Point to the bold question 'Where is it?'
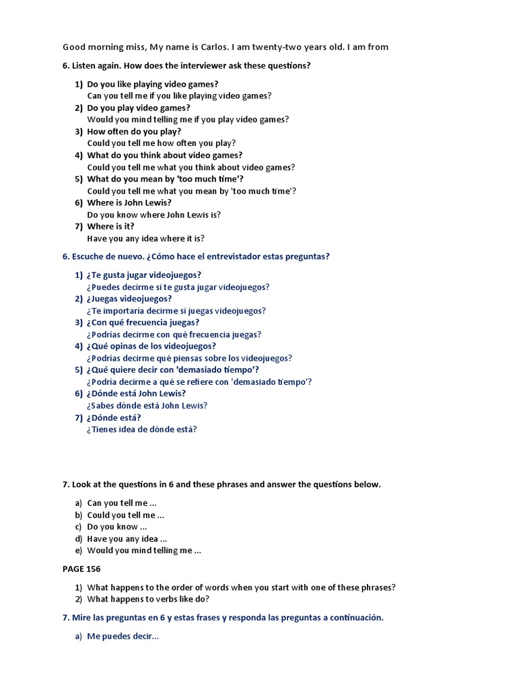115,226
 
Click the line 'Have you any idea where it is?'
145,238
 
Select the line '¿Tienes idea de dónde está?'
141,429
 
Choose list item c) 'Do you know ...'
112,527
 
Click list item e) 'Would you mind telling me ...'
144,550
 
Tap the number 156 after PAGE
94,569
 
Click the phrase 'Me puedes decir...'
123,637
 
